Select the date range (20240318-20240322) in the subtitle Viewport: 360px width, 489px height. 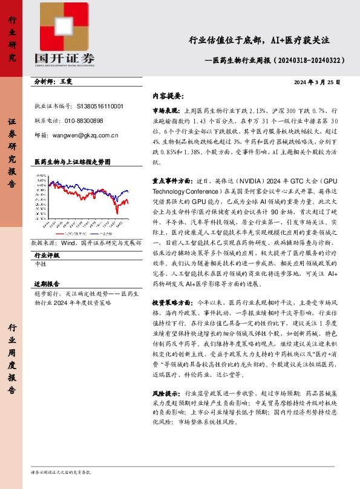pyautogui.click(x=310, y=61)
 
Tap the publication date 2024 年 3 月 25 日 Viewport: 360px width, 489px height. pyautogui.click(x=316, y=82)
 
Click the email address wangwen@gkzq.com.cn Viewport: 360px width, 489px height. pyautogui.click(x=85, y=136)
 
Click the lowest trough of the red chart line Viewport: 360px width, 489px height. pyautogui.click(x=116, y=212)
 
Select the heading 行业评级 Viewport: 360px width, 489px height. pyautogui.click(x=47, y=256)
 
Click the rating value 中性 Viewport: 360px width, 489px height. pyautogui.click(x=41, y=264)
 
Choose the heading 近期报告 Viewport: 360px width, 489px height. pyautogui.click(x=47, y=284)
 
